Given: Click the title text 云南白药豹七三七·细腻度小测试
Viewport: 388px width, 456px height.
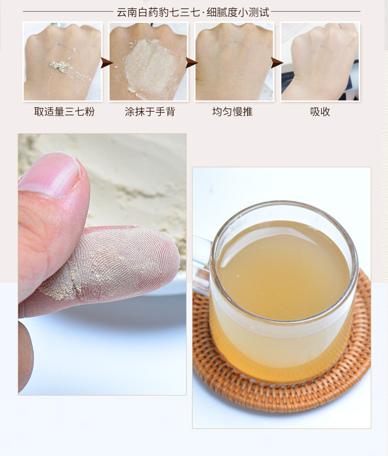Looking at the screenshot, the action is tap(193, 12).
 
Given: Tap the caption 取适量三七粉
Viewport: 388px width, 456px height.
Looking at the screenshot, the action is tap(64, 112).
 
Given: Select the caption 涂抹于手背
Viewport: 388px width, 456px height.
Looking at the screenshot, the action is tap(150, 112).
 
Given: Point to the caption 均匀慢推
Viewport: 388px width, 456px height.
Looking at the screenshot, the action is tap(232, 112).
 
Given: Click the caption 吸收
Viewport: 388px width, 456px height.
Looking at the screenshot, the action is tap(320, 112).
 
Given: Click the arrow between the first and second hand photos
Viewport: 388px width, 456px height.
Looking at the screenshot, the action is tap(106, 63).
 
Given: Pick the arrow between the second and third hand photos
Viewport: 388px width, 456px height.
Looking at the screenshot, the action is tap(192, 63).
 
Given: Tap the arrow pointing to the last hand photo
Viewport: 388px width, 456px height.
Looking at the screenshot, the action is tap(277, 63).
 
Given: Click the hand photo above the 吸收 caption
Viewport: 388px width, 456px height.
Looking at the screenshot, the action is tap(320, 61).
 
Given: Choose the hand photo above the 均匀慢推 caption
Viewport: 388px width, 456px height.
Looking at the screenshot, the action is tap(234, 61).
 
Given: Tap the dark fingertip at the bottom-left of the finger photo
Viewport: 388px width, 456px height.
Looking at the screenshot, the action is tap(26, 356).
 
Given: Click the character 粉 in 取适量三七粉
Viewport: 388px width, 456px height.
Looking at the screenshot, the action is tap(90, 112).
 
